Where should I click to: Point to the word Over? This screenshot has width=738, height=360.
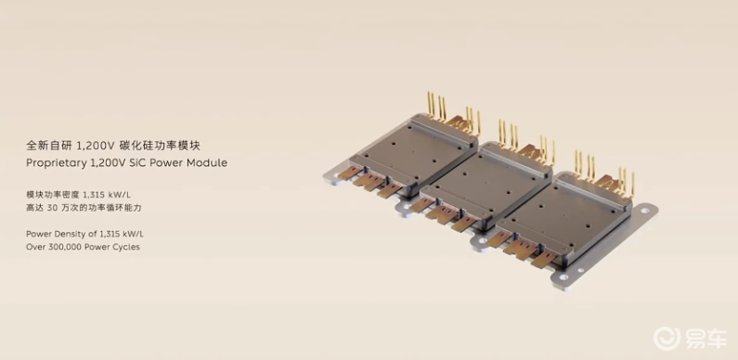click(x=35, y=247)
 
